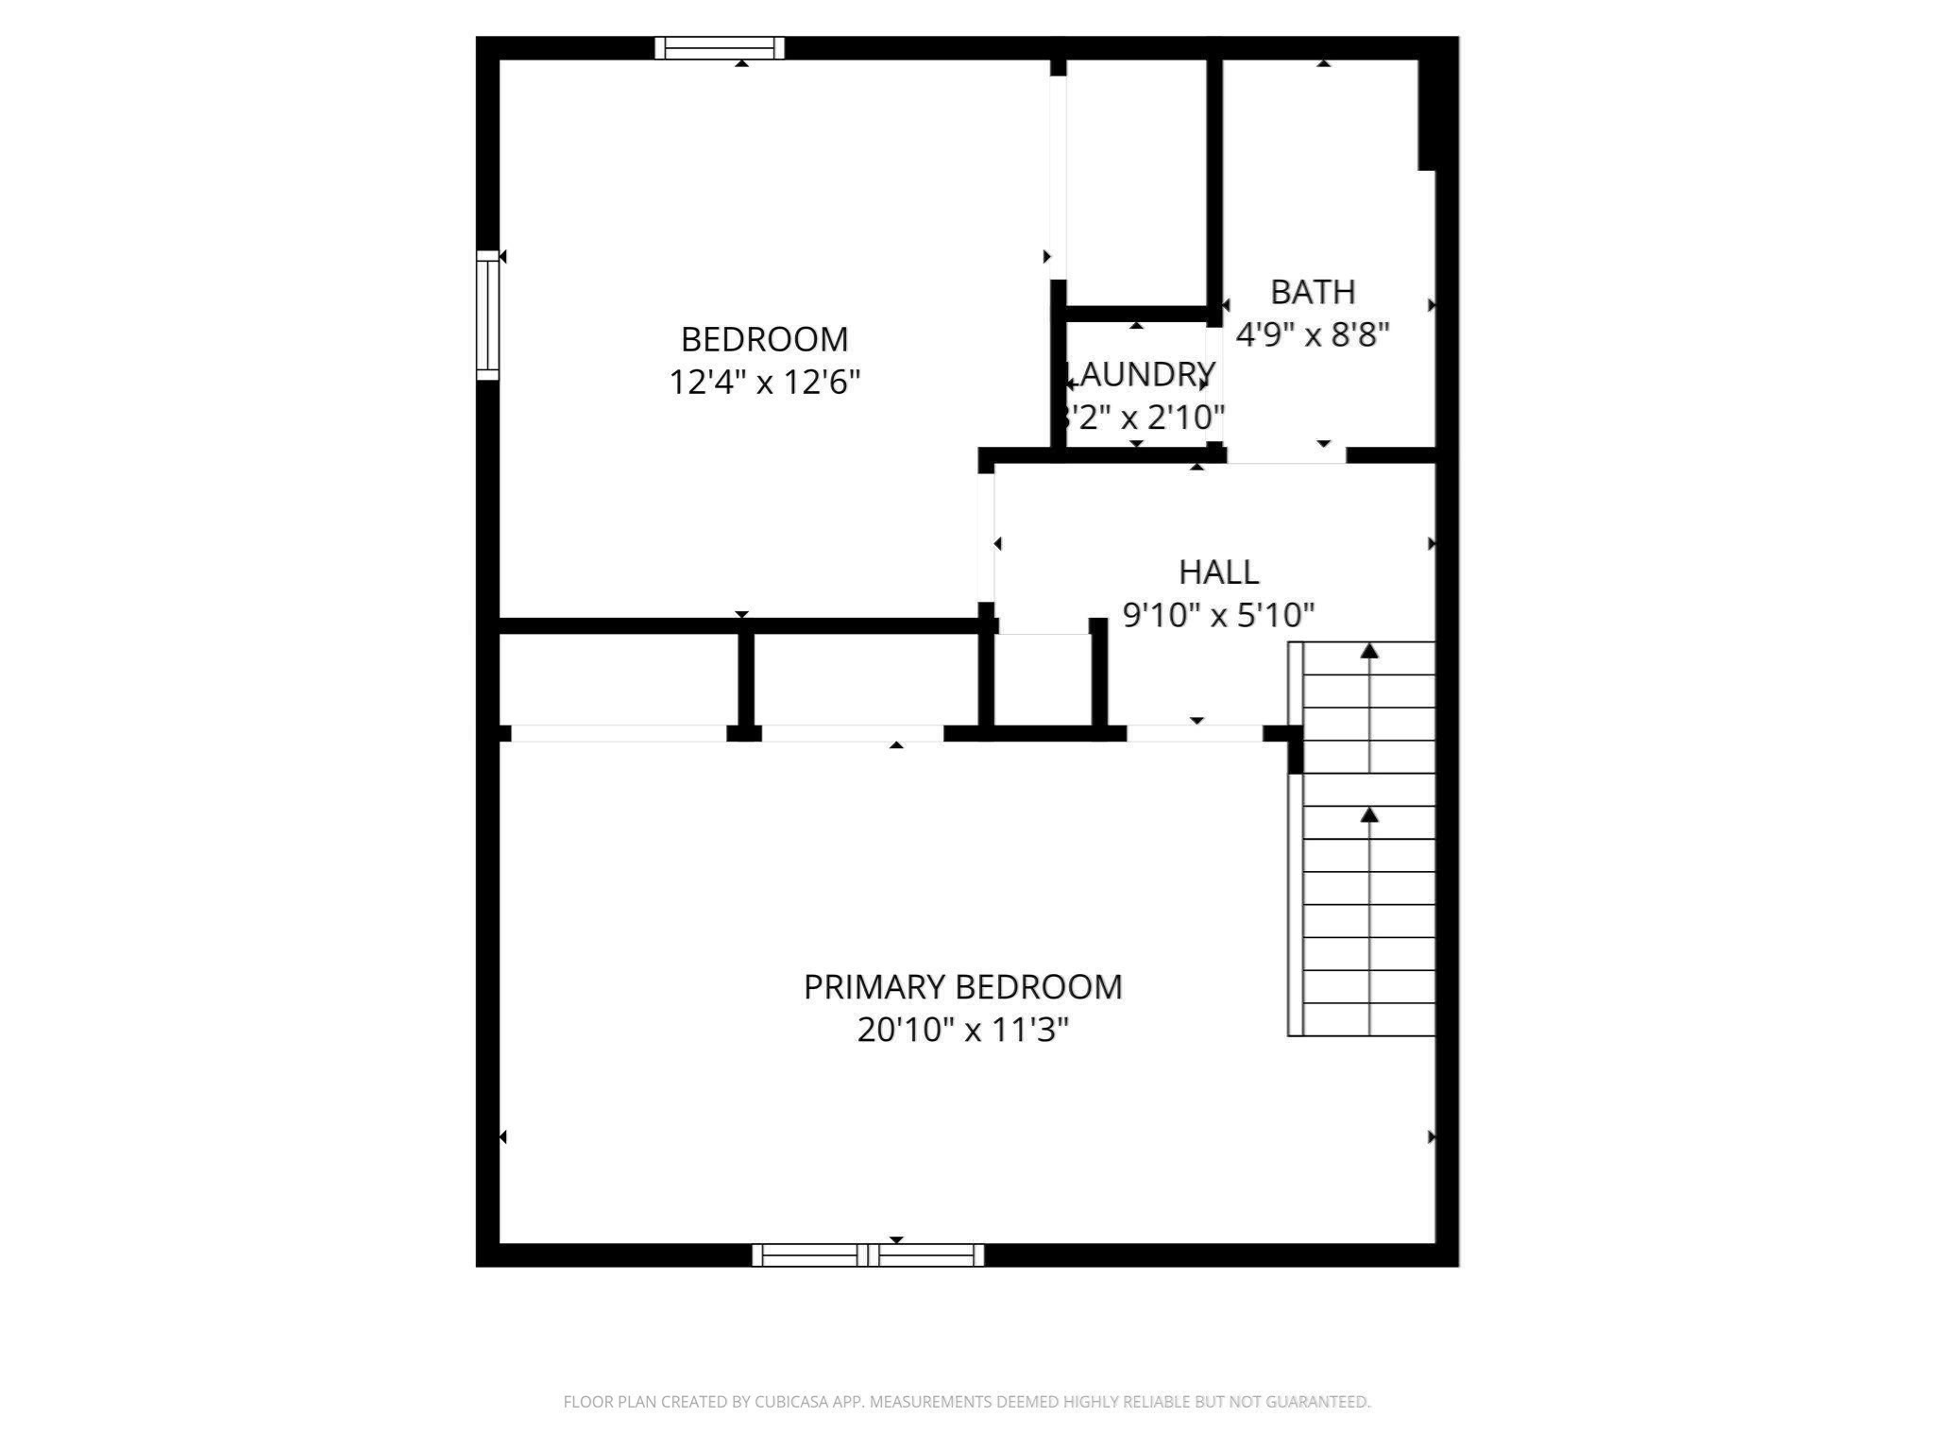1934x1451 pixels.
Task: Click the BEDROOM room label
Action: [x=764, y=339]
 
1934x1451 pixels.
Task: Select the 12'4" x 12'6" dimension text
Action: [x=764, y=383]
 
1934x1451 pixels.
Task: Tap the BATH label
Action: [x=1313, y=293]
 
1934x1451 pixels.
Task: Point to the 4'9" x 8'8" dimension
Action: [x=1313, y=334]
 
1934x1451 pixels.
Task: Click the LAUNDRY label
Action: [x=1143, y=375]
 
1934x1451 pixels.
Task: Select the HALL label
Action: [x=1218, y=572]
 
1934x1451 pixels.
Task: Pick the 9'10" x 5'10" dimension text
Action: [x=1218, y=616]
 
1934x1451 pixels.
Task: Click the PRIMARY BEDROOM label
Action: [x=962, y=987]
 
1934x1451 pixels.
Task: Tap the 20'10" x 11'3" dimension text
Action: [x=962, y=1030]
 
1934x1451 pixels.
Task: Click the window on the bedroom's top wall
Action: [x=720, y=47]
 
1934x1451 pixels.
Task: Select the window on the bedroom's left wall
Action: [x=487, y=315]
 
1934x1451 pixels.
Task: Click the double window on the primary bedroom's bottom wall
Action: [x=868, y=1255]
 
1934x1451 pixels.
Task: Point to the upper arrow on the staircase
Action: [x=1369, y=652]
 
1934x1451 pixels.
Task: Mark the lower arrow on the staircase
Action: [x=1369, y=815]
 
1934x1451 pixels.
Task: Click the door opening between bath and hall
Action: [x=1286, y=455]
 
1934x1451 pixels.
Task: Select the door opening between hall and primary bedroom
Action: [x=1195, y=734]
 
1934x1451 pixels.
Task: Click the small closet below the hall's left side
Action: [x=1043, y=680]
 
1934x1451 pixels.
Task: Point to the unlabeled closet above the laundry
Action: [x=1136, y=179]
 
